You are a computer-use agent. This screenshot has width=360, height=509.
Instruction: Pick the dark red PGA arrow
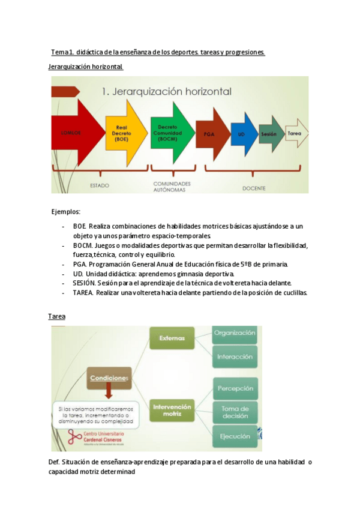point(211,134)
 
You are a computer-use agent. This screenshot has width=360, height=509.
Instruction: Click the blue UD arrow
point(243,134)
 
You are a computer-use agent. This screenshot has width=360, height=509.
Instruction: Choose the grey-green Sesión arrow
point(270,134)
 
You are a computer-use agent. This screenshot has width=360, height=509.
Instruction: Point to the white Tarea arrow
point(295,133)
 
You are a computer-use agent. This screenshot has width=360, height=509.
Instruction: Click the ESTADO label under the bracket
point(100,185)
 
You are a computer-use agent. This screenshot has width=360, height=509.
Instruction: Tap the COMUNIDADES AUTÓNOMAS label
point(172,186)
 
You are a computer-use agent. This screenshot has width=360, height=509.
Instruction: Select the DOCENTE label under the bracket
point(254,188)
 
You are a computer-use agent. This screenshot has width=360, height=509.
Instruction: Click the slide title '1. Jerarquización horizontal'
point(167,92)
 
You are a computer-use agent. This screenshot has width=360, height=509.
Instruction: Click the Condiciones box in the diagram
point(109,378)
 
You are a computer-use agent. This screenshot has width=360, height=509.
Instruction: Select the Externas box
point(172,338)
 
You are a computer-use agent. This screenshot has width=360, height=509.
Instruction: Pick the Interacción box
point(235,357)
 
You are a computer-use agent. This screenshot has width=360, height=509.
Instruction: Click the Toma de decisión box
point(235,412)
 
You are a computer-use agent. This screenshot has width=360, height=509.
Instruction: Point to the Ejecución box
point(235,436)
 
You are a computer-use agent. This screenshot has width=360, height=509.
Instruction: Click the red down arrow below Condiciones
point(109,393)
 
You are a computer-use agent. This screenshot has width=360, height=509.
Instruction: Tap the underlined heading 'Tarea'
point(56,316)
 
